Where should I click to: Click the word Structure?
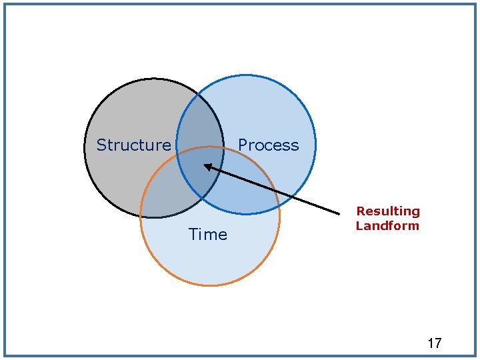(133, 145)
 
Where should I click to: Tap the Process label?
(268, 145)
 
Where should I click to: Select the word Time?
(207, 234)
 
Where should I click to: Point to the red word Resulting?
(388, 211)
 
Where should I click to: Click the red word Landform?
(387, 225)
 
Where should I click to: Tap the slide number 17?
(434, 343)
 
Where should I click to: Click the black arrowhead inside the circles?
(207, 166)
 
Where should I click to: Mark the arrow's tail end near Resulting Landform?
(339, 213)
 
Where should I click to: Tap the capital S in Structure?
(101, 145)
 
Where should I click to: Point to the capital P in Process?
(243, 145)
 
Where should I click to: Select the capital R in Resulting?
(360, 211)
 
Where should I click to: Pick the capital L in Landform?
(359, 225)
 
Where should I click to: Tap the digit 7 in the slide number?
(437, 343)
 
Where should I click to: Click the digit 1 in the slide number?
(430, 343)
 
